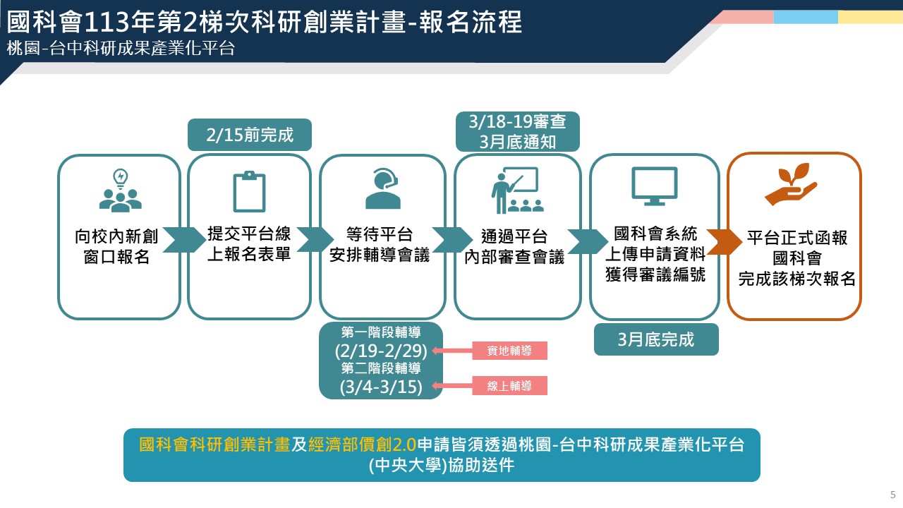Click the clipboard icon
249,192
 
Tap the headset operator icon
383,188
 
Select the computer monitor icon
654,186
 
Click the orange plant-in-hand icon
791,184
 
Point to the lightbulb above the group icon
120,179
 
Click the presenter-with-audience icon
517,190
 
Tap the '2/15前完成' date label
250,135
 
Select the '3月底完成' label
656,339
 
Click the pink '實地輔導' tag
509,351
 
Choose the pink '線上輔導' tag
509,386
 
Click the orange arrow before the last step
725,242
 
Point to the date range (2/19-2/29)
381,351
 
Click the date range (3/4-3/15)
381,387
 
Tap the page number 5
893,495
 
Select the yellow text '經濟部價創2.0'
362,445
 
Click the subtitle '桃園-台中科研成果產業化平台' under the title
121,49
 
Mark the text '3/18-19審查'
518,122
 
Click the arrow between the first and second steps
184,241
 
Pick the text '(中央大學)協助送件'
442,465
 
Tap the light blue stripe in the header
806,18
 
